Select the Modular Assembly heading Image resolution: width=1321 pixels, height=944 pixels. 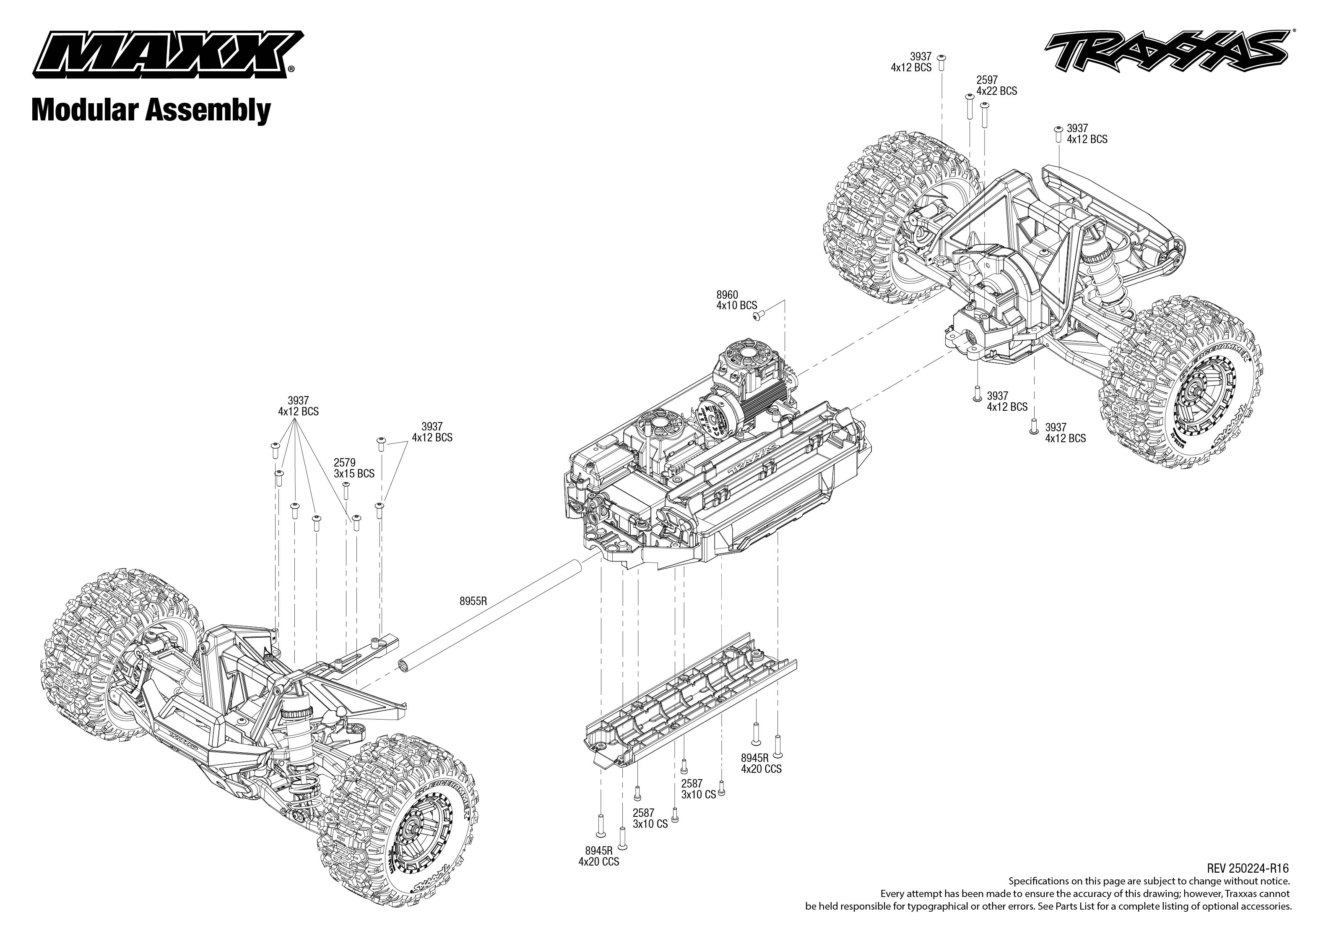click(x=151, y=110)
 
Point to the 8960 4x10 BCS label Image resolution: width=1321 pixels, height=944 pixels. click(x=736, y=300)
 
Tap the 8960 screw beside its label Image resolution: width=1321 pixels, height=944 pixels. click(x=758, y=315)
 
